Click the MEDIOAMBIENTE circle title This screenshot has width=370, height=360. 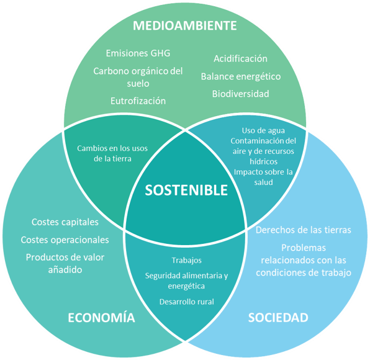185,25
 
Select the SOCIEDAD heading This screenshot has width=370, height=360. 278,317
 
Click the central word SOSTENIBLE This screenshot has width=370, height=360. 186,190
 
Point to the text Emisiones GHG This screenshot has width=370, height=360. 138,53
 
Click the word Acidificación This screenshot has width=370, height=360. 240,58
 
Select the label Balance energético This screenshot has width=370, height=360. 241,76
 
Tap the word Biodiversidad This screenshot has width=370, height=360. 240,94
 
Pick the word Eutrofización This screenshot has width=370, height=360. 138,101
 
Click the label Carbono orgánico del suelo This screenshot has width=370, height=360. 138,77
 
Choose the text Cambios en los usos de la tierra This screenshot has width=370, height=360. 112,153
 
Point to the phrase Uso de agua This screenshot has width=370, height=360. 263,130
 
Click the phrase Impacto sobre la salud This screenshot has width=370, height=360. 263,177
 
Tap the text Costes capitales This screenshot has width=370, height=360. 65,222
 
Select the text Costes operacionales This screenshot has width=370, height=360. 65,240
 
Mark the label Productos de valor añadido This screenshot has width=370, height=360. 65,263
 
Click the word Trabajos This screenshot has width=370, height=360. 186,260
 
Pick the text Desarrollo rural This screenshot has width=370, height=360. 187,302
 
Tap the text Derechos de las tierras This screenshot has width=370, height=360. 304,230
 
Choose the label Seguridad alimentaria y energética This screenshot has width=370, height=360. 186,281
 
